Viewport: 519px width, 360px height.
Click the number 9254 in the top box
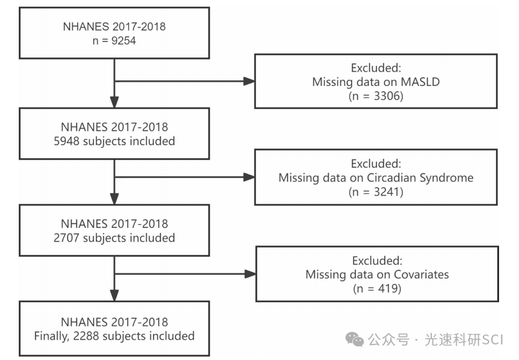[x=124, y=42]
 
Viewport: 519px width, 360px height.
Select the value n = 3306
[x=376, y=97]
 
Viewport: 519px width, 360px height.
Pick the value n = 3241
[x=376, y=192]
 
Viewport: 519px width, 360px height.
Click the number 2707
[x=68, y=237]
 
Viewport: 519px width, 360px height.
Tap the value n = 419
[x=376, y=289]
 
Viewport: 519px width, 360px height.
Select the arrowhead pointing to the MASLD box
[x=249, y=82]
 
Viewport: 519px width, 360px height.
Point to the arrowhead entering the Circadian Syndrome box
[x=249, y=178]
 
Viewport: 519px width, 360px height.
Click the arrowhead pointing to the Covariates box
[x=249, y=274]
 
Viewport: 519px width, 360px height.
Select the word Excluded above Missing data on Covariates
[x=376, y=260]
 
